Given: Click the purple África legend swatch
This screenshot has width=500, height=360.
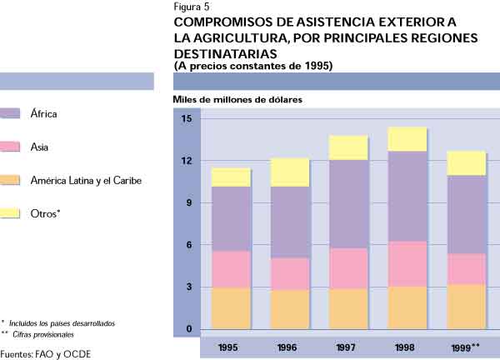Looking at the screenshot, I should click(11, 113).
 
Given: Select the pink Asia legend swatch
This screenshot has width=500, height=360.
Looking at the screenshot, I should click(11, 147).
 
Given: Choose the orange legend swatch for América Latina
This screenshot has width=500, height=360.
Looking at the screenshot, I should click(11, 180).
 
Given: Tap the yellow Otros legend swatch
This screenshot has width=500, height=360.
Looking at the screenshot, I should click(11, 212).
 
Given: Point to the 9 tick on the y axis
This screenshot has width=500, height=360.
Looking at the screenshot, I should click(188, 202).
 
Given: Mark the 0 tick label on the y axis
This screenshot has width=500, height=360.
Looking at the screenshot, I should click(188, 329).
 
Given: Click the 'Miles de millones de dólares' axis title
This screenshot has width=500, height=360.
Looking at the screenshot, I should click(237, 100).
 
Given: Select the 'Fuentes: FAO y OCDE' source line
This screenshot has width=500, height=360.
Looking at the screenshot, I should click(46, 353).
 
